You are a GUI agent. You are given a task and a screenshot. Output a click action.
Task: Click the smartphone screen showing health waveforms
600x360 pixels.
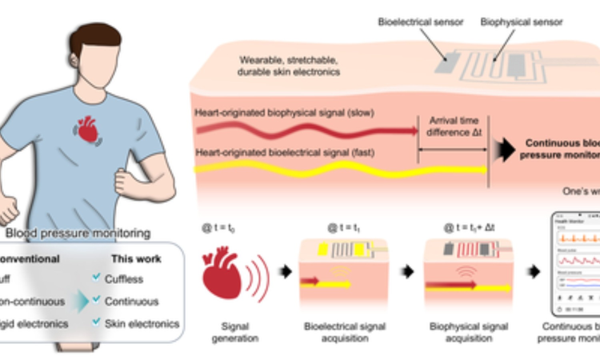click(x=572, y=264)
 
